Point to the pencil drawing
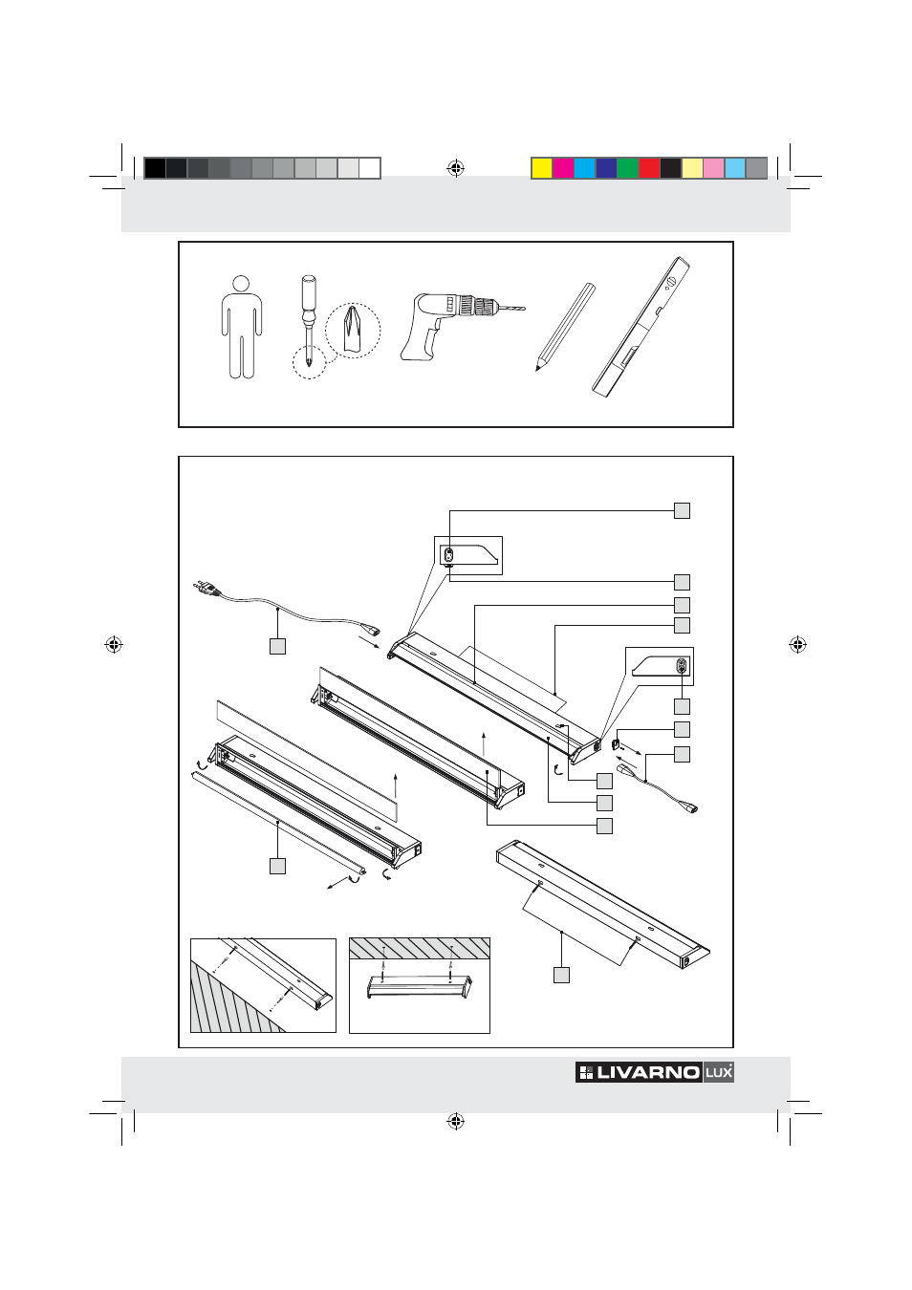point(565,326)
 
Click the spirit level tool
point(641,327)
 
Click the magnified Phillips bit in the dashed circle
point(352,330)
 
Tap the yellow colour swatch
point(541,168)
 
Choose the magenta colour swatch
point(563,168)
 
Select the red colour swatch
point(649,168)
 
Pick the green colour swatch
point(627,168)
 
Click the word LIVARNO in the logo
point(647,1072)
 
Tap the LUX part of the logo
point(719,1072)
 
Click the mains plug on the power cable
point(206,588)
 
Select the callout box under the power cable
point(277,646)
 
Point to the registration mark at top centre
point(456,168)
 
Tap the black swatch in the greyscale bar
point(155,168)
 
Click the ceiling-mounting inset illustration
point(420,985)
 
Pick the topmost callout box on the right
point(683,511)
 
